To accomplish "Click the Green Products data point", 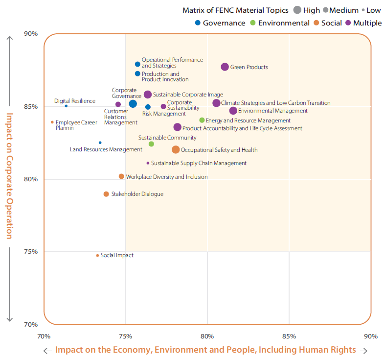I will point(225,67).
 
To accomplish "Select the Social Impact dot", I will point(97,255).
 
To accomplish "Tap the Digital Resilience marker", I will point(66,106).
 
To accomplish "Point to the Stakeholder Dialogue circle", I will point(106,194).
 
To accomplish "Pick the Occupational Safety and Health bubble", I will point(176,149).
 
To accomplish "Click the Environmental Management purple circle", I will point(233,111).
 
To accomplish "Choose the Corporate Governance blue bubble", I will point(133,103).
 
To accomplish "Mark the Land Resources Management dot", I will point(100,143).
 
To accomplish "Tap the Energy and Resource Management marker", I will point(202,120).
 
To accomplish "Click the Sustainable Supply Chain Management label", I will point(199,163).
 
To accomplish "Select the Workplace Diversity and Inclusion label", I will point(167,177).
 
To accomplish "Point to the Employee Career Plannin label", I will point(76,125).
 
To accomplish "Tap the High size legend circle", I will point(297,10).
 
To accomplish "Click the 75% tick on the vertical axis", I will point(31,252).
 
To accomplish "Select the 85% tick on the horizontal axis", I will point(289,336).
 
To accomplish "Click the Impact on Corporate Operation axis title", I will point(9,176).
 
